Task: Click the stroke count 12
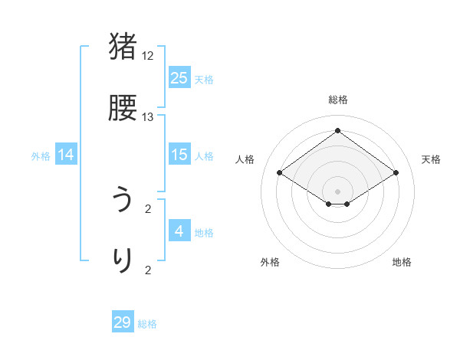click(x=148, y=56)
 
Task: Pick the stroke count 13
click(x=148, y=117)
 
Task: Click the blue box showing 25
click(x=179, y=77)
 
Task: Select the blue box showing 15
click(x=179, y=155)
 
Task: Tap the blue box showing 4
click(x=179, y=231)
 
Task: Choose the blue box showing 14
click(x=66, y=155)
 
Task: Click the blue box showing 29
click(x=123, y=322)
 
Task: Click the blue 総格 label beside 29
click(x=147, y=324)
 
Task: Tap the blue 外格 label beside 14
click(x=41, y=156)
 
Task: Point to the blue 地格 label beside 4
click(x=204, y=232)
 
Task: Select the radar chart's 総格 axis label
click(x=337, y=100)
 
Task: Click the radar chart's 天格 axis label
click(x=431, y=159)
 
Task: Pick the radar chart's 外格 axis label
click(x=270, y=262)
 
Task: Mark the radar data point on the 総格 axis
click(x=337, y=130)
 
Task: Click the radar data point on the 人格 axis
click(x=280, y=173)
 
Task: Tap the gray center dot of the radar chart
click(x=337, y=191)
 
